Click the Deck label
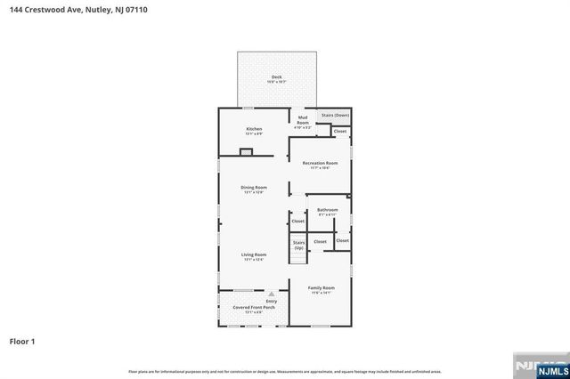pyautogui.click(x=276, y=77)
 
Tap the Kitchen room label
pyautogui.click(x=254, y=129)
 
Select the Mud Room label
pyautogui.click(x=303, y=118)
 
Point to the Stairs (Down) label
pyautogui.click(x=335, y=115)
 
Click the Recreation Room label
pyautogui.click(x=320, y=163)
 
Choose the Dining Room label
pyautogui.click(x=254, y=188)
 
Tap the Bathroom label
pyautogui.click(x=327, y=210)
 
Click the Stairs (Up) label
pyautogui.click(x=298, y=244)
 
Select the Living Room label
pyautogui.click(x=254, y=254)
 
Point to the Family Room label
pyautogui.click(x=321, y=288)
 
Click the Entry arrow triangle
pyautogui.click(x=272, y=294)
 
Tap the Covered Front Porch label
pyautogui.click(x=254, y=308)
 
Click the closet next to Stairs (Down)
pyautogui.click(x=339, y=132)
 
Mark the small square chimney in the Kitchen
pyautogui.click(x=247, y=151)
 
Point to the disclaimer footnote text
pyautogui.click(x=284, y=370)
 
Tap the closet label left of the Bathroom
pyautogui.click(x=297, y=221)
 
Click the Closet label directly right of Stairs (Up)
pyautogui.click(x=320, y=241)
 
